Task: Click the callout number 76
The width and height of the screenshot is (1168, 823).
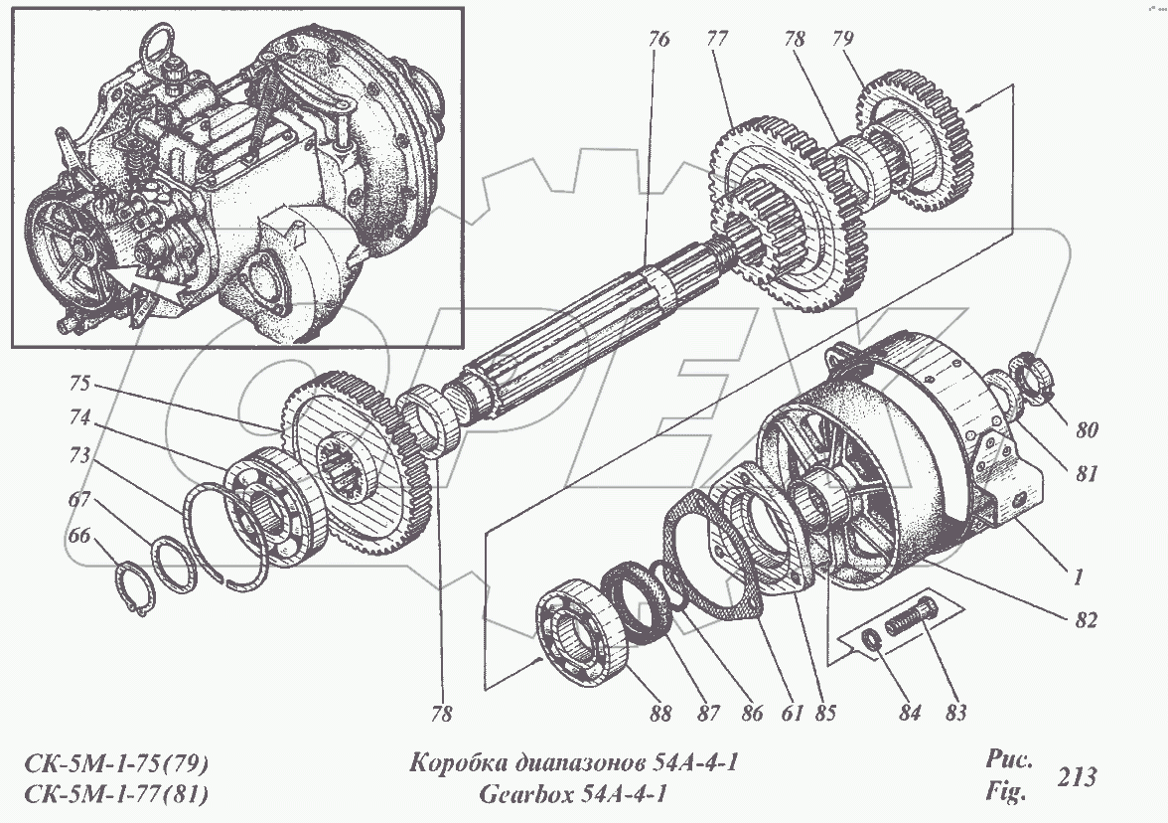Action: tap(658, 41)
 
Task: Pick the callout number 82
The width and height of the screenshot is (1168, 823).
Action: tap(1084, 620)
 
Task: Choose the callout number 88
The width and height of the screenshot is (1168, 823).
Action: tap(659, 713)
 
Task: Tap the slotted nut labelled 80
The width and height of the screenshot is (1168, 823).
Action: tap(1029, 381)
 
